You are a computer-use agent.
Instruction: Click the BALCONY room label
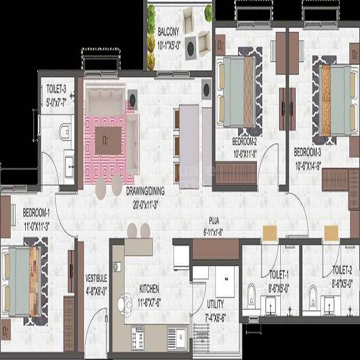point(169,31)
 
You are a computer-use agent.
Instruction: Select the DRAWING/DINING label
point(145,191)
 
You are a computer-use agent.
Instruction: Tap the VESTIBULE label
point(96,278)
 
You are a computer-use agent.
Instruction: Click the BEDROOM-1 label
point(37,212)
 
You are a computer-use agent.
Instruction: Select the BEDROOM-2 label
point(244,142)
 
